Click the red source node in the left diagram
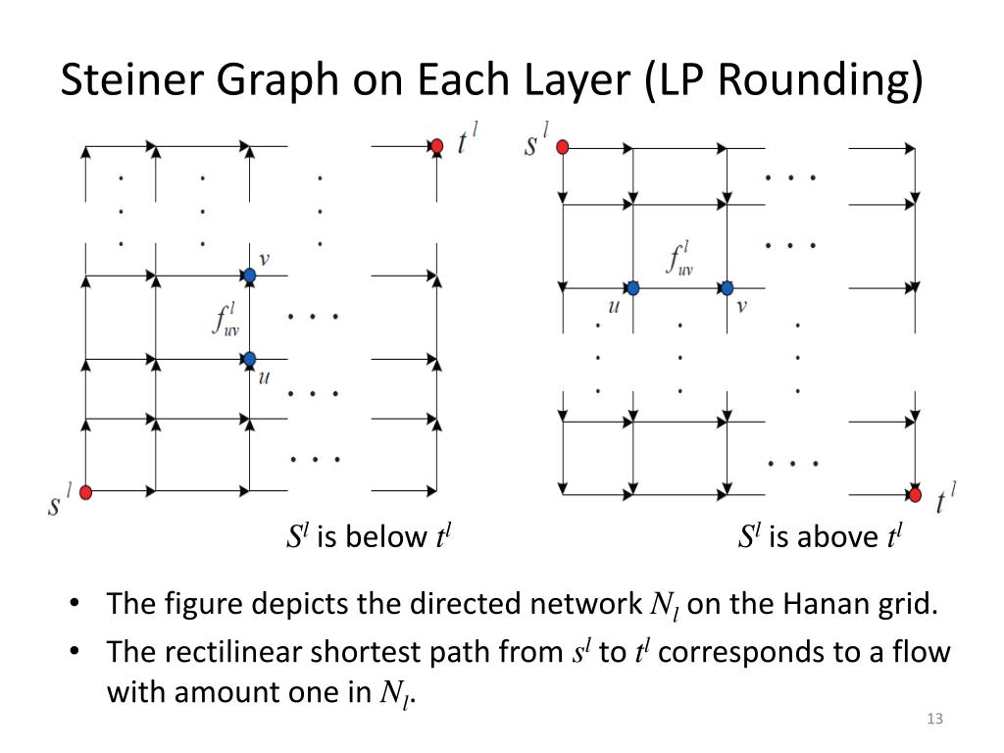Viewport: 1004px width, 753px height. [85, 491]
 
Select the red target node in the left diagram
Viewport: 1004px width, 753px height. [437, 146]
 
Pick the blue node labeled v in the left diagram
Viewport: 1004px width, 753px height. [250, 276]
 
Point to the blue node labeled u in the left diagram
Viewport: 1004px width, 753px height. [250, 359]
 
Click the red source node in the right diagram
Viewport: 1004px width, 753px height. [563, 147]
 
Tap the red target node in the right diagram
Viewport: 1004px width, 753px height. [915, 495]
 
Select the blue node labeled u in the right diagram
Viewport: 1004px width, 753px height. [633, 288]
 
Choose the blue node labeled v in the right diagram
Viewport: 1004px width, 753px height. [727, 288]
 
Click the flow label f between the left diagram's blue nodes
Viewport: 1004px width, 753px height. [225, 320]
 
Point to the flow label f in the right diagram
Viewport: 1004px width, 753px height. [679, 258]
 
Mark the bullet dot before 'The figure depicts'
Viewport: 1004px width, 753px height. [75, 604]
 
